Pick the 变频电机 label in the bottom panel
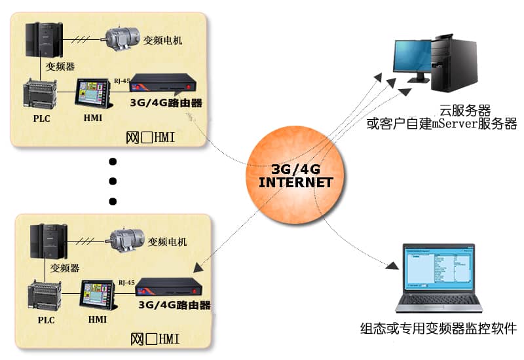[x=167, y=242]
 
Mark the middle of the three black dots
[x=112, y=181]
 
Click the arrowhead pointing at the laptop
[x=392, y=265]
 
